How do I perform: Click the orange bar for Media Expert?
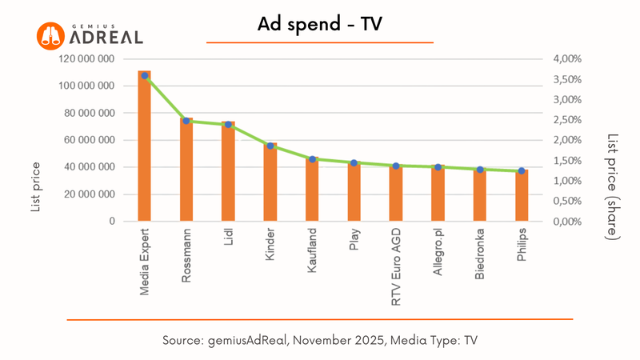coord(144,152)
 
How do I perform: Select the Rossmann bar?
coord(186,172)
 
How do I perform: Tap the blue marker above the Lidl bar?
coord(228,125)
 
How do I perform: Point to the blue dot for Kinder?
coord(270,146)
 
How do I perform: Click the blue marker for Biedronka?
coord(480,170)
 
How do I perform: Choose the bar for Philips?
coord(522,197)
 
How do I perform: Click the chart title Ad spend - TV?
coord(320,25)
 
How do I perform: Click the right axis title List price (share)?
coord(613,186)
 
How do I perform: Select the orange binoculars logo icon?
coord(50,35)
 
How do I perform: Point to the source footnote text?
coord(320,340)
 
